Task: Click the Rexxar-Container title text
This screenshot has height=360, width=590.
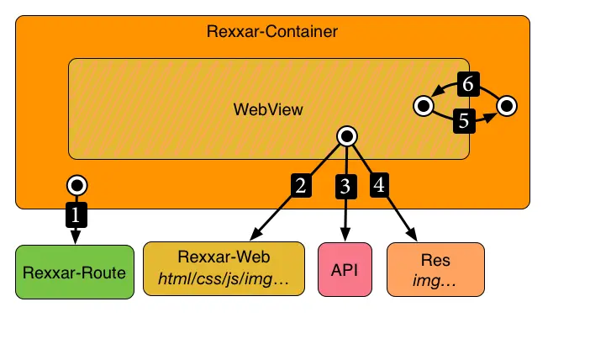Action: tap(272, 33)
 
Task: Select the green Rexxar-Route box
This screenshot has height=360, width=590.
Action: tap(75, 272)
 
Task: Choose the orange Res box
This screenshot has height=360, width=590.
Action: tap(435, 269)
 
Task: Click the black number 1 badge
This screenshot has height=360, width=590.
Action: tap(76, 214)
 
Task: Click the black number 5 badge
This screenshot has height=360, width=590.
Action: tap(463, 121)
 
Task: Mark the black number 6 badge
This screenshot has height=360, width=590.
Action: tap(468, 83)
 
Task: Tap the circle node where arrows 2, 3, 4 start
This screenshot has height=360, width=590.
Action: tap(345, 135)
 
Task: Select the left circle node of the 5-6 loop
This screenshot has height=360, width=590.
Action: tap(424, 106)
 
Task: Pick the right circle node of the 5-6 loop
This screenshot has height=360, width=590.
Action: tap(507, 106)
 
